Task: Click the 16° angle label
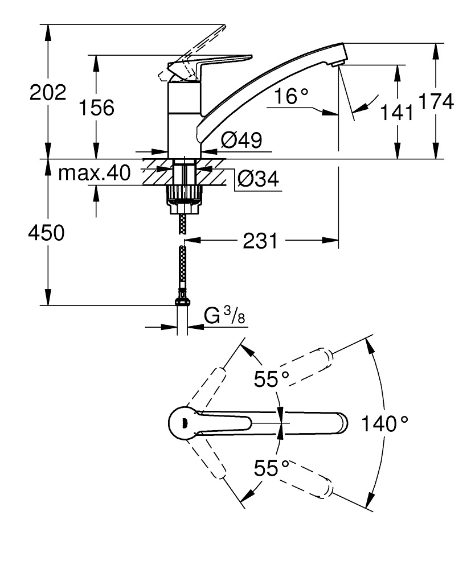(290, 97)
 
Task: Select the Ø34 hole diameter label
(257, 179)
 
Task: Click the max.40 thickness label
(94, 172)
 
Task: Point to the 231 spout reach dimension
(261, 241)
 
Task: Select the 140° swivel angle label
(385, 424)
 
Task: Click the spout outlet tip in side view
(340, 57)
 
